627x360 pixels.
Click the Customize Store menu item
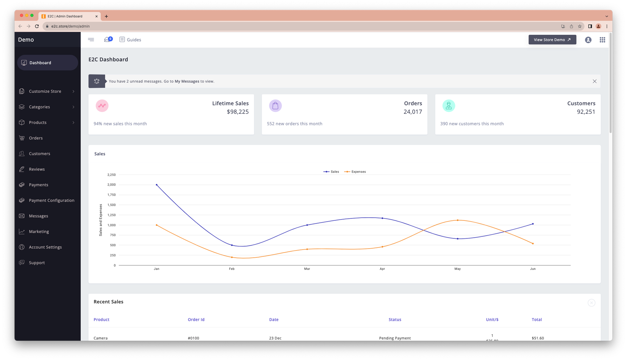click(x=45, y=91)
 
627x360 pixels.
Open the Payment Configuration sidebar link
click(x=51, y=200)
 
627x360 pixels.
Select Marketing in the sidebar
click(x=39, y=232)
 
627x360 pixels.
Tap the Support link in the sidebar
click(x=37, y=263)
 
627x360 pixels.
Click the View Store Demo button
click(x=552, y=40)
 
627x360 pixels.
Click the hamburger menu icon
click(x=91, y=40)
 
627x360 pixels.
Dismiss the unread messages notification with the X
click(x=594, y=81)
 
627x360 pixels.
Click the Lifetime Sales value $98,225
click(x=237, y=112)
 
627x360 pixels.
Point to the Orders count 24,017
click(x=413, y=112)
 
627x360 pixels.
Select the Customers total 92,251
click(x=586, y=112)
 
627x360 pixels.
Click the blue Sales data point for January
click(x=157, y=185)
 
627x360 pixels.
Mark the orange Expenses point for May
click(x=457, y=220)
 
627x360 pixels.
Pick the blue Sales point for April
click(x=382, y=218)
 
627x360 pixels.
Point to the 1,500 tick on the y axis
click(x=112, y=205)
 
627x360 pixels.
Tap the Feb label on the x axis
click(x=232, y=269)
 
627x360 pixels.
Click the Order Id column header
click(x=196, y=320)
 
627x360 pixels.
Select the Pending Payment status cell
click(x=395, y=338)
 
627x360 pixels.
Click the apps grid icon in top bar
click(x=602, y=40)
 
